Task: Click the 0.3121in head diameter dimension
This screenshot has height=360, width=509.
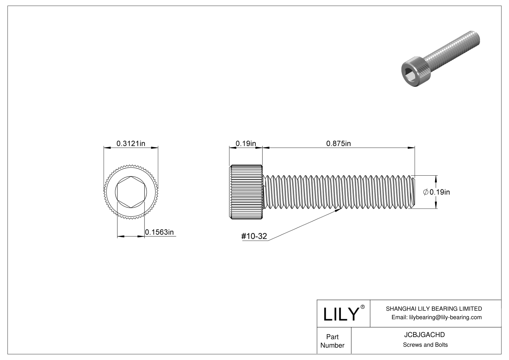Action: tap(131, 144)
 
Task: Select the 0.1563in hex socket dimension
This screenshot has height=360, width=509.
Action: tap(159, 232)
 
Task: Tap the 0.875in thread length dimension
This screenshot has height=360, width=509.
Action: tap(338, 144)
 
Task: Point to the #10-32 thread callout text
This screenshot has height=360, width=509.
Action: tap(254, 236)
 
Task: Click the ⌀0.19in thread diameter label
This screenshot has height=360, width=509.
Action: tap(436, 192)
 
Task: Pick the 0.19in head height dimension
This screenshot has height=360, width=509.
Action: tap(246, 144)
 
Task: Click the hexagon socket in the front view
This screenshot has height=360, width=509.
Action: tap(131, 192)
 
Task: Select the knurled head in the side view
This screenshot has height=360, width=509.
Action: tap(246, 192)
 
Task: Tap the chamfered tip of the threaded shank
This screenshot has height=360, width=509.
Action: tap(413, 192)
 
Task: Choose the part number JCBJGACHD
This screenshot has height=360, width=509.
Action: tap(424, 335)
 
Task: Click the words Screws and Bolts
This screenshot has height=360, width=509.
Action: tap(425, 345)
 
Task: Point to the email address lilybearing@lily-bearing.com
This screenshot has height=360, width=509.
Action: tap(446, 317)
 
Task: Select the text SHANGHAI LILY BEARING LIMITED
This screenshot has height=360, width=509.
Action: tap(434, 309)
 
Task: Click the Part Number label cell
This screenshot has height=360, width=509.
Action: tap(332, 341)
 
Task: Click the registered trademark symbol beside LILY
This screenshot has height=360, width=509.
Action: tap(362, 307)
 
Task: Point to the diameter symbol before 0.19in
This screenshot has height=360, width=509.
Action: tap(426, 192)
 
